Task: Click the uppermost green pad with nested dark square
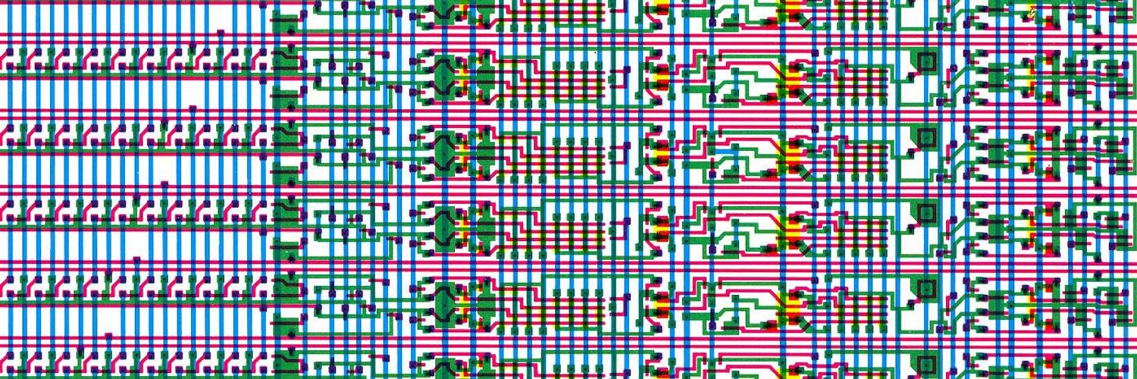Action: [x=926, y=61]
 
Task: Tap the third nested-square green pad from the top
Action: [x=926, y=213]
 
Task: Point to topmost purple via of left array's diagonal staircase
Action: [x=220, y=33]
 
